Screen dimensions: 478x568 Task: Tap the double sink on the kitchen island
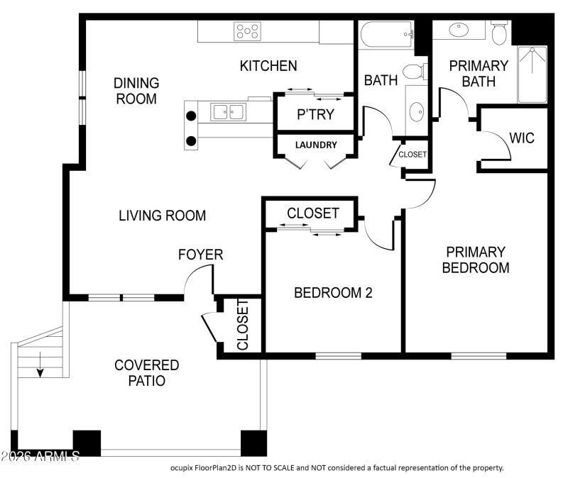pyautogui.click(x=228, y=111)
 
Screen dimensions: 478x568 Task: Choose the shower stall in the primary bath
pyautogui.click(x=532, y=74)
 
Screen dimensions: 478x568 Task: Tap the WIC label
pyautogui.click(x=522, y=138)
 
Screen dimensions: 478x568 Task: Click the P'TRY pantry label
pyautogui.click(x=315, y=114)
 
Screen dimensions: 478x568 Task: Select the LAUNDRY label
pyautogui.click(x=316, y=145)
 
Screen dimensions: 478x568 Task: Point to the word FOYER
pyautogui.click(x=200, y=255)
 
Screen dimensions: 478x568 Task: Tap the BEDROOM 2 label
pyautogui.click(x=333, y=292)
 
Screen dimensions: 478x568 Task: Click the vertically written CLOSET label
pyautogui.click(x=242, y=326)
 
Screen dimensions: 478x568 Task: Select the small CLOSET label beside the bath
pyautogui.click(x=413, y=154)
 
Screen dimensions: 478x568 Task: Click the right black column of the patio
pyautogui.click(x=253, y=443)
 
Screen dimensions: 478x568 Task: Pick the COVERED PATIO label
pyautogui.click(x=147, y=373)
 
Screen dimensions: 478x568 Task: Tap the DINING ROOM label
pyautogui.click(x=136, y=91)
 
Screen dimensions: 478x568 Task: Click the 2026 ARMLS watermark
pyautogui.click(x=40, y=455)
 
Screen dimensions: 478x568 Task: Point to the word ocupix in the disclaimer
pyautogui.click(x=185, y=467)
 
